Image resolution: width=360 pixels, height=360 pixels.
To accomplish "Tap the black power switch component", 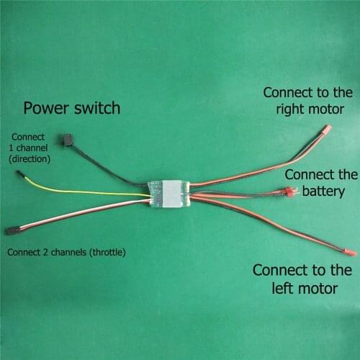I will pos(68,140).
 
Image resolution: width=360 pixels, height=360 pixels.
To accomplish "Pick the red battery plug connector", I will pos(289,192).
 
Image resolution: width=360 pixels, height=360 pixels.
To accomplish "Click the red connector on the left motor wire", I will pos(350,253).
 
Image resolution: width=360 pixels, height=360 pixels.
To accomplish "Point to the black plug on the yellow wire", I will pos(22,176).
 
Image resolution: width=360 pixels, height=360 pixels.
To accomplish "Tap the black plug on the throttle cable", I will pos(12,230).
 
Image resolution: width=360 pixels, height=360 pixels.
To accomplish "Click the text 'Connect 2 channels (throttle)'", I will pos(66,252).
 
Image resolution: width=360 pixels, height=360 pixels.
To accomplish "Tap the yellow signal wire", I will pos(86,191).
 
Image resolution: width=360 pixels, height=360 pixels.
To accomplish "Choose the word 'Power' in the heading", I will pos(46,109).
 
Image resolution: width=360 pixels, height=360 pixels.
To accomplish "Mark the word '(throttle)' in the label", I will pos(104,252).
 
